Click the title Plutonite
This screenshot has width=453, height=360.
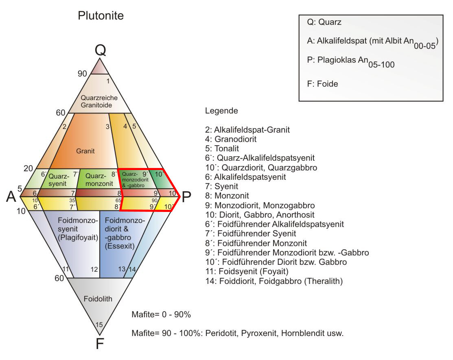101,15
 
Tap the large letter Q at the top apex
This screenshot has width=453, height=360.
100,50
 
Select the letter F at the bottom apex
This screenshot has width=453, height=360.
100,344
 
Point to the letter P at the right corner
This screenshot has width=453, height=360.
186,197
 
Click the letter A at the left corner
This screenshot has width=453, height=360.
11,197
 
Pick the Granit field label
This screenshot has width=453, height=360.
85,151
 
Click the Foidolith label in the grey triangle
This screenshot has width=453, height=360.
98,299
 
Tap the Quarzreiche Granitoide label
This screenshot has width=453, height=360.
99,101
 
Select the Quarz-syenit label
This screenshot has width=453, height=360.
59,180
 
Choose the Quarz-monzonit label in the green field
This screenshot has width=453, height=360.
99,180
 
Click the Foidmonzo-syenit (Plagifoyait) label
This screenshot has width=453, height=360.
78,229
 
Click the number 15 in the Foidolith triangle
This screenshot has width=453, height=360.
99,325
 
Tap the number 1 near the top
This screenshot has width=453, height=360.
108,81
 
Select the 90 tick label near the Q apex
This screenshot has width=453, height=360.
82,74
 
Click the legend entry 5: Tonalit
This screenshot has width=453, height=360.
222,148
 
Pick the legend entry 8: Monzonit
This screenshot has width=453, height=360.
227,196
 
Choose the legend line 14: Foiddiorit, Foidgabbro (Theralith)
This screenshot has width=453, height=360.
274,281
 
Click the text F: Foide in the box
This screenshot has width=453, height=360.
322,84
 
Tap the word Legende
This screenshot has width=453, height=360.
221,111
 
